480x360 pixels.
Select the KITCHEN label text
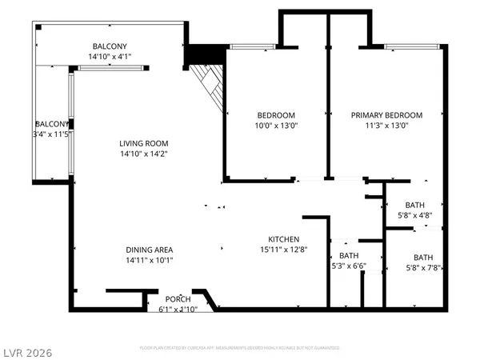pyautogui.click(x=283, y=239)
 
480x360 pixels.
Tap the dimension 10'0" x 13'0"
pyautogui.click(x=276, y=126)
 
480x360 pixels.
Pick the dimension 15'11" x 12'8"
pyautogui.click(x=283, y=250)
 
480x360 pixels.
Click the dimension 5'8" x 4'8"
pyautogui.click(x=414, y=214)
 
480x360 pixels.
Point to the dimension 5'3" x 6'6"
pyautogui.click(x=349, y=266)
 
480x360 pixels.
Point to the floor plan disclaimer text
pyautogui.click(x=240, y=348)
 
